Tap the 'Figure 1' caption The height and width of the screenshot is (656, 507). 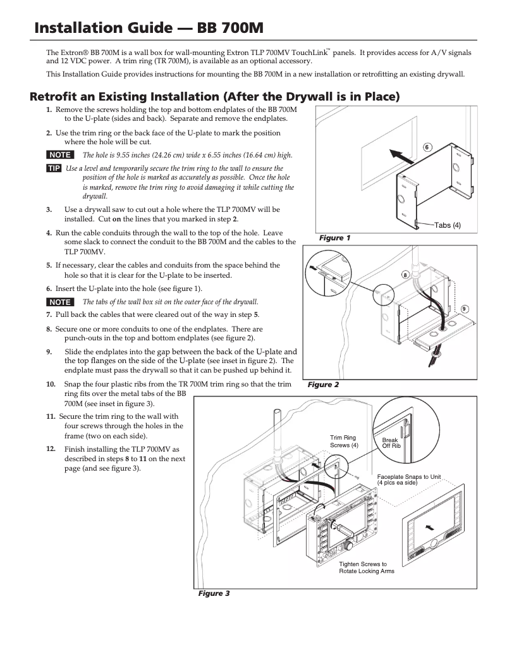334,238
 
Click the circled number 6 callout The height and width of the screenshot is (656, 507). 427,147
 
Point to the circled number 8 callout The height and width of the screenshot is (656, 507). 405,276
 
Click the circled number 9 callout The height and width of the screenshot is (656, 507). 464,309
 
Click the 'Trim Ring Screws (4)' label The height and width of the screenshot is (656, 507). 345,441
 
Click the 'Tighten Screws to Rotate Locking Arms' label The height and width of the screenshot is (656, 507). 367,567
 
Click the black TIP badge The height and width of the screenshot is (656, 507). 54,168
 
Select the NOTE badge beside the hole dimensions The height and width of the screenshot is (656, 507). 60,155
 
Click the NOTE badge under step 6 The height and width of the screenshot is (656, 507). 60,302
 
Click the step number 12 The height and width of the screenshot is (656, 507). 50,448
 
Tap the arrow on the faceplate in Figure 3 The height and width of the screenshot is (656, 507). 431,525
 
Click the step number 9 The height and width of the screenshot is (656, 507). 49,351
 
